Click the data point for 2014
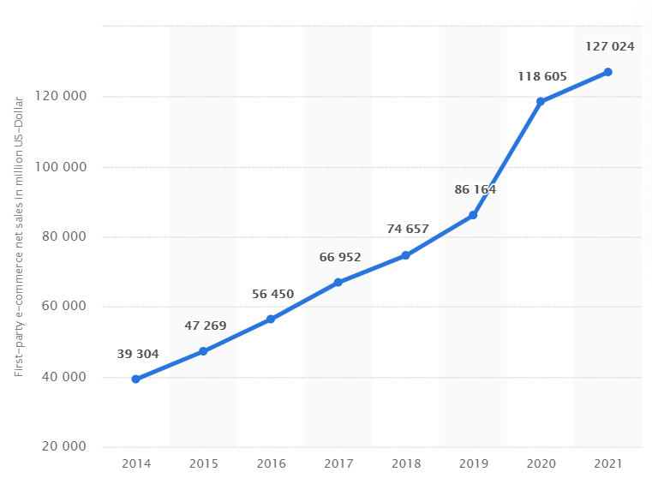tap(135, 379)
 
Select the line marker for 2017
tap(338, 282)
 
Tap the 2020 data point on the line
tap(541, 101)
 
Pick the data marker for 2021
tap(607, 72)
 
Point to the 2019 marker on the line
tap(473, 215)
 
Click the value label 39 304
tap(138, 355)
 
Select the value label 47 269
tap(206, 326)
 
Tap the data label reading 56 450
tap(273, 294)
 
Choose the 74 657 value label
tap(408, 229)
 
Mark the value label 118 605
tap(542, 77)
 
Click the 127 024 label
tap(610, 46)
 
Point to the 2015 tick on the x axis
tap(203, 463)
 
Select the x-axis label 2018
tap(405, 463)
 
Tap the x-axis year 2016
tap(271, 463)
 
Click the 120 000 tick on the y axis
tap(63, 97)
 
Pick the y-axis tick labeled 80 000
tap(65, 237)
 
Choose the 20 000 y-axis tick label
tap(65, 447)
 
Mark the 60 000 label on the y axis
tap(65, 308)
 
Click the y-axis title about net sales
tap(20, 236)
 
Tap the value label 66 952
tap(340, 257)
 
